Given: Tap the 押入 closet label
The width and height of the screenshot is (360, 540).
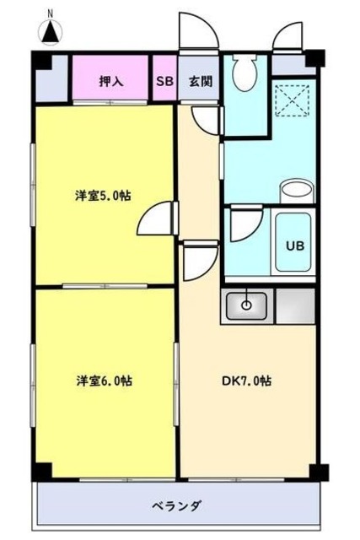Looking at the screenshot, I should click(111, 81).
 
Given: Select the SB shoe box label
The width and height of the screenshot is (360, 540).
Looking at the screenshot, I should click(163, 81).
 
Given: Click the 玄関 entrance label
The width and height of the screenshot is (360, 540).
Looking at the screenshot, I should click(199, 81).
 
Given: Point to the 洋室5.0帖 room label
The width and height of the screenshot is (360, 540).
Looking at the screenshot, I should click(102, 195).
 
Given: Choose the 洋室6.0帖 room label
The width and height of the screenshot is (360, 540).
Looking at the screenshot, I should click(102, 381).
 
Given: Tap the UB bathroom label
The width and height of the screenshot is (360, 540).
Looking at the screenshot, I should click(294, 246).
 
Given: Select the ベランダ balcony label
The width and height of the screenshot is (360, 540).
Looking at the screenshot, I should click(177, 506).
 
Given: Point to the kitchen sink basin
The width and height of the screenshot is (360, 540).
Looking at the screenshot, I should click(247, 305).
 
